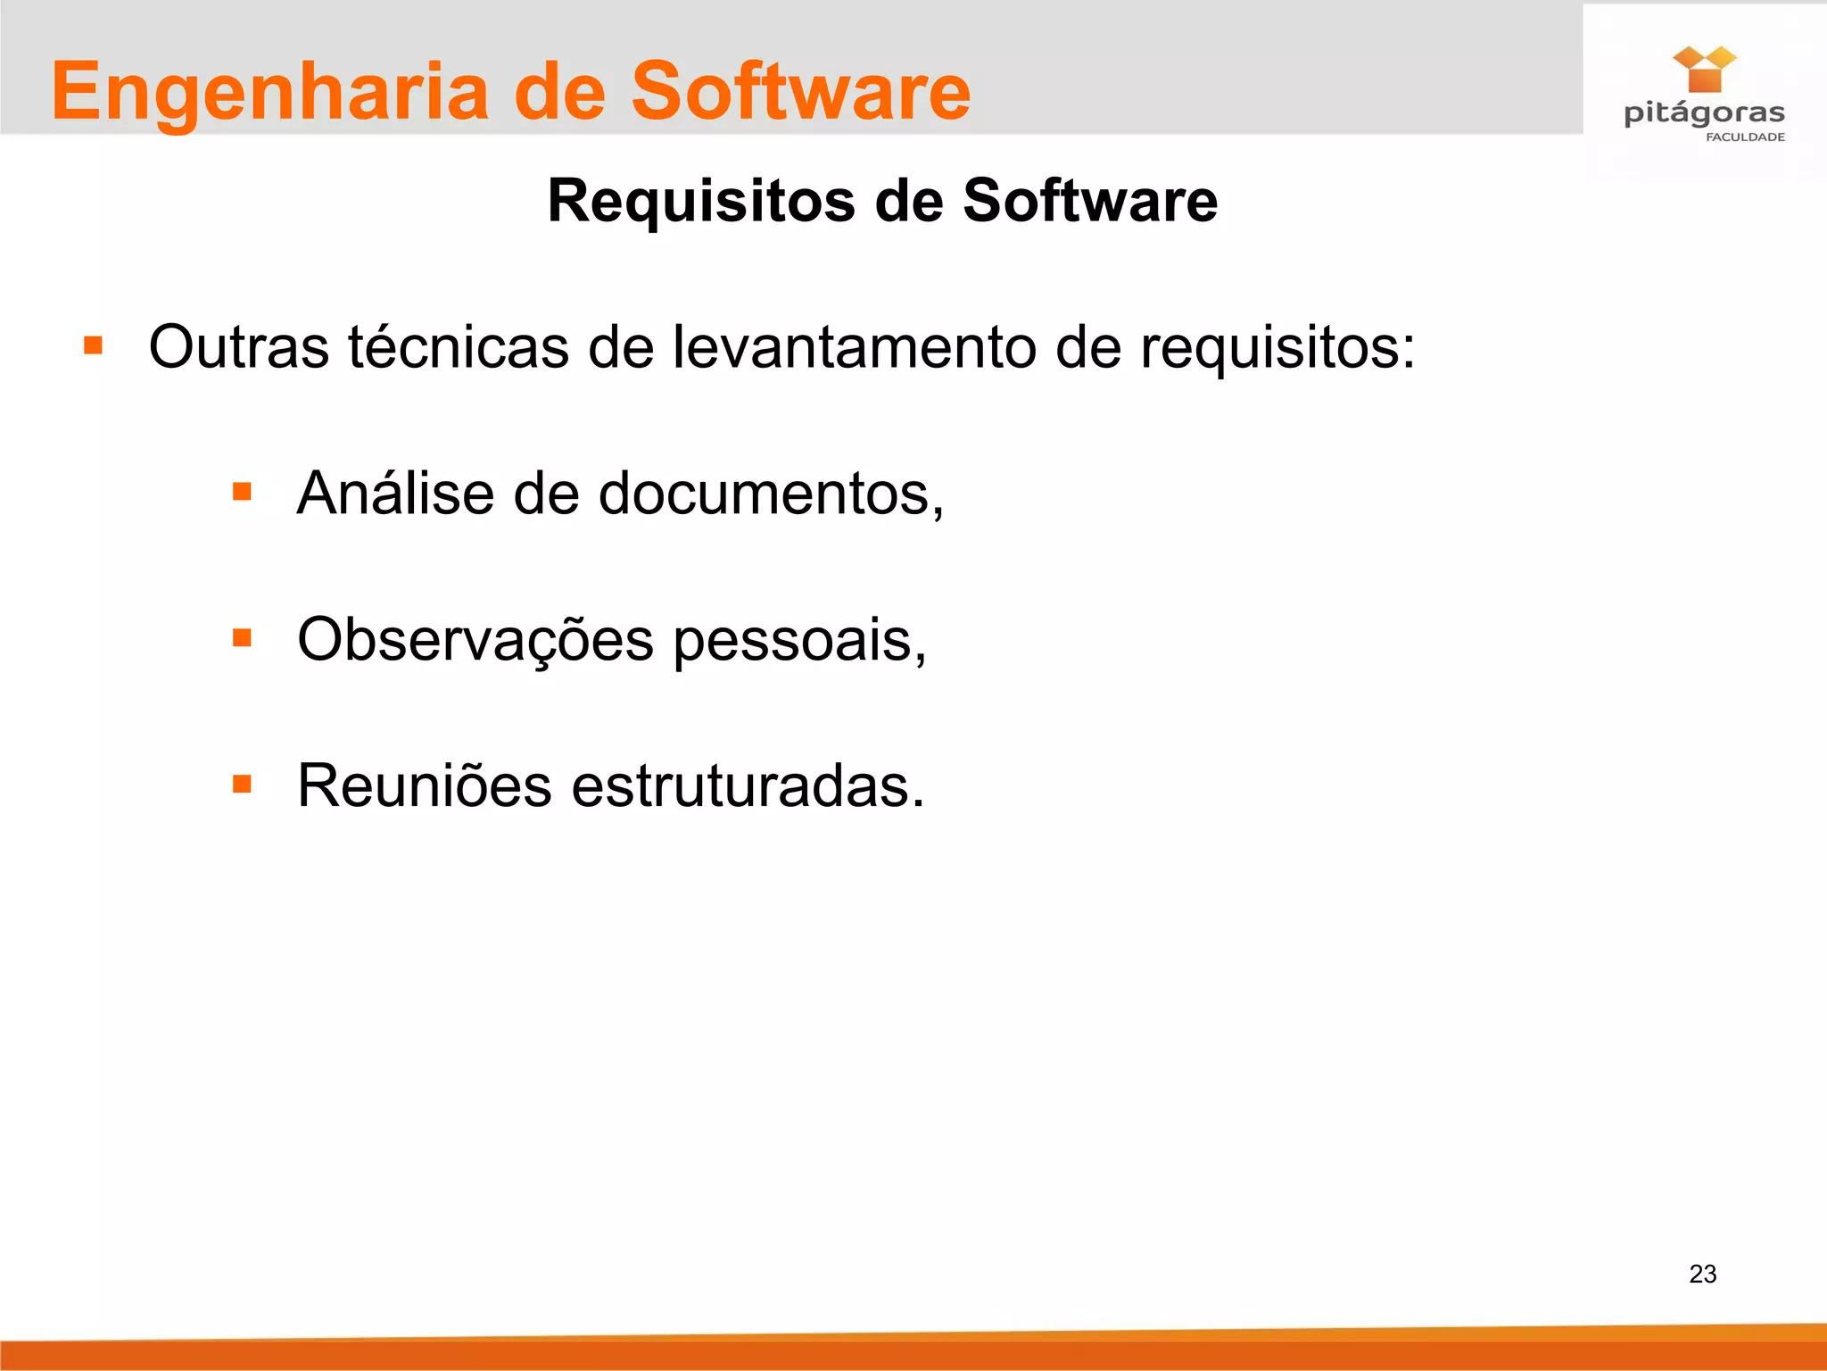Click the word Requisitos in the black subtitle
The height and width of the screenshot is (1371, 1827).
point(701,201)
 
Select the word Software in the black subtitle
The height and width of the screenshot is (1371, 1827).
point(1089,201)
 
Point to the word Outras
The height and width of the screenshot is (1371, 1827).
point(238,347)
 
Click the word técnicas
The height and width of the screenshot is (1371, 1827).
point(459,347)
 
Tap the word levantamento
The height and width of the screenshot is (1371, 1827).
point(854,347)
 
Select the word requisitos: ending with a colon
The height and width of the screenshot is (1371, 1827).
point(1277,349)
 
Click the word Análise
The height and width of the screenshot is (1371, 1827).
point(395,493)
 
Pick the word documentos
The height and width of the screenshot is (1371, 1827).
point(770,494)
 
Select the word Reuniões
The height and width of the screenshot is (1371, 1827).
point(425,786)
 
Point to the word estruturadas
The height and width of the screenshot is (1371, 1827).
point(748,786)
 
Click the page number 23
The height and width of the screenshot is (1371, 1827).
point(1702,1274)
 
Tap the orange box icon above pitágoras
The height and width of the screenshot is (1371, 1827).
point(1704,70)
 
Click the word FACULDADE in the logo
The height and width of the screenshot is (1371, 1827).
point(1745,137)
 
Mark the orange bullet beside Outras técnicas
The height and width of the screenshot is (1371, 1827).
point(94,345)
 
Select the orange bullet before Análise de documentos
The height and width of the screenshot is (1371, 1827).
point(242,491)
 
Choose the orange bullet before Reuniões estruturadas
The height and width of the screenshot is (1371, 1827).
point(242,784)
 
